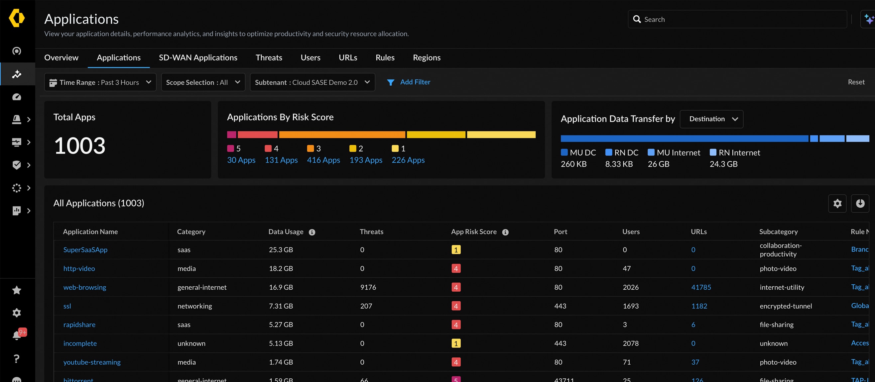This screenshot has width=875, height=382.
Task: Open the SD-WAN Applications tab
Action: click(198, 58)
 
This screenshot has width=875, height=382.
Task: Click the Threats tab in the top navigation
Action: click(269, 58)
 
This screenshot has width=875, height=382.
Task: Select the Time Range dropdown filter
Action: click(100, 82)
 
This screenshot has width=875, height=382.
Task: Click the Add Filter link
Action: click(415, 82)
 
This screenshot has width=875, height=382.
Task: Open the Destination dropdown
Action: click(711, 119)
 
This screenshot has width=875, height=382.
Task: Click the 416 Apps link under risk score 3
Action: click(323, 160)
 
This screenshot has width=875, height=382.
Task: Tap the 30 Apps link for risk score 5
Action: click(241, 160)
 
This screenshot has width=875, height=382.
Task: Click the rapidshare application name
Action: click(79, 325)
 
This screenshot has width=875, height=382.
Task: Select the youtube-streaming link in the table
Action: click(92, 362)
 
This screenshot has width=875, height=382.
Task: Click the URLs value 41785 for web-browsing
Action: click(701, 287)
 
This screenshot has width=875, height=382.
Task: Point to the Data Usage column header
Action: click(286, 232)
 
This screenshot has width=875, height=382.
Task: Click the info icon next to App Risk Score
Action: click(505, 232)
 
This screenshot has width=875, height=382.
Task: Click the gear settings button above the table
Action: click(837, 204)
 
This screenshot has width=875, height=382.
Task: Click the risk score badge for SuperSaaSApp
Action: click(456, 250)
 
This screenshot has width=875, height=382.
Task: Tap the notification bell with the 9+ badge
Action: click(17, 335)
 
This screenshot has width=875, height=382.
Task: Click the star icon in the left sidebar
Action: click(17, 290)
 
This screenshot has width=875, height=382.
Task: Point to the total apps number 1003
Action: click(80, 146)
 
